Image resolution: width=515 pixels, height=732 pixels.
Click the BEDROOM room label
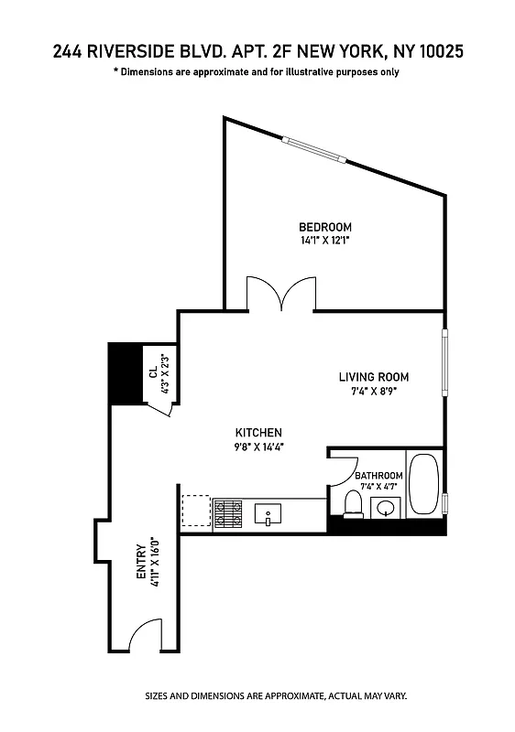click(324, 227)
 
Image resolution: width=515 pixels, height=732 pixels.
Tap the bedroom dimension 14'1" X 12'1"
click(324, 241)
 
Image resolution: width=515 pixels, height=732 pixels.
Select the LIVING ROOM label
click(373, 377)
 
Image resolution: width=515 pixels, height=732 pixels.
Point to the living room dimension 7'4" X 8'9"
click(373, 391)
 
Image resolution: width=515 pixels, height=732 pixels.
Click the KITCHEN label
click(257, 433)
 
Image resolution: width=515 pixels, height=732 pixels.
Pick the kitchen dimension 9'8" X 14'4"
click(257, 447)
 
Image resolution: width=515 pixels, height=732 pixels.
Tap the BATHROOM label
click(378, 476)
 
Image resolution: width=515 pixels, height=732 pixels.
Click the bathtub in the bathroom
click(423, 484)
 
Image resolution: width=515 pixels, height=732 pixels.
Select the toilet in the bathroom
click(352, 504)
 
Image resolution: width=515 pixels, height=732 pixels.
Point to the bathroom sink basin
click(387, 508)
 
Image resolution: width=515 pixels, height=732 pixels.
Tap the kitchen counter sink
click(268, 514)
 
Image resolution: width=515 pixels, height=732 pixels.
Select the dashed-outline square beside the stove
click(195, 511)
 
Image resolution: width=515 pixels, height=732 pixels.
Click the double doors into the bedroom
click(282, 294)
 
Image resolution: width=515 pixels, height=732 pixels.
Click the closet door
click(162, 409)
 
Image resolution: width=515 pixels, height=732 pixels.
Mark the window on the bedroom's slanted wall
click(314, 149)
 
